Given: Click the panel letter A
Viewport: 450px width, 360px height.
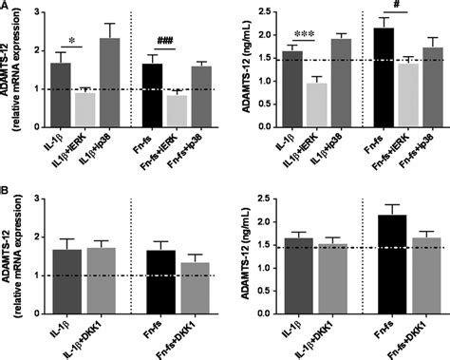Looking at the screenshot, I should click(x=7, y=7).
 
